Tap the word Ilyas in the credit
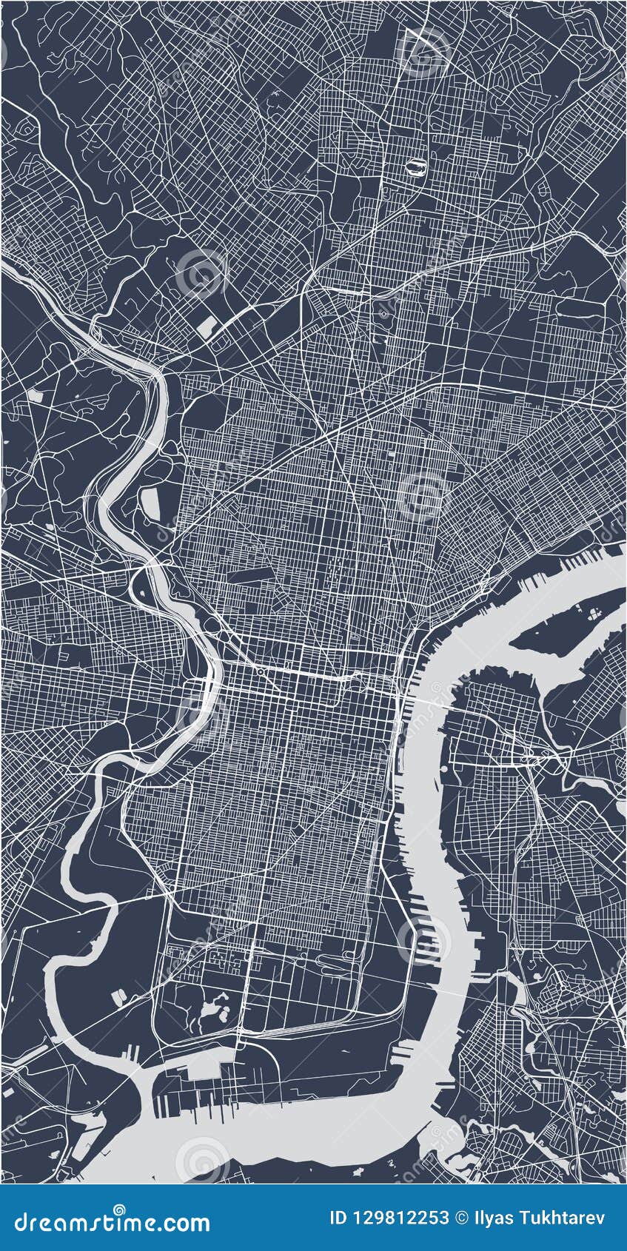[x=494, y=1218]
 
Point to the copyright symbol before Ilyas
[x=461, y=1218]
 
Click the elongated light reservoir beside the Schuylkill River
[x=150, y=504]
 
